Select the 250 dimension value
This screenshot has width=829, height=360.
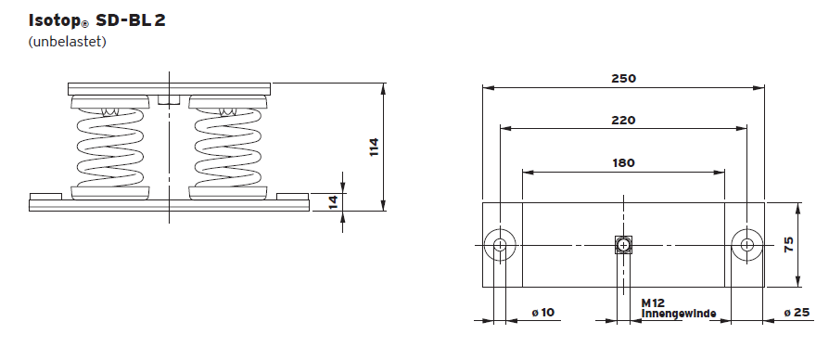[623, 78]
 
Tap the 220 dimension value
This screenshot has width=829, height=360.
[623, 120]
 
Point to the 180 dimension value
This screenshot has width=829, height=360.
[623, 162]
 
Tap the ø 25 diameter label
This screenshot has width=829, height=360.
[797, 313]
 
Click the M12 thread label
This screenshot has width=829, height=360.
[653, 303]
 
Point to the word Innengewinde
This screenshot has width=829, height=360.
[678, 315]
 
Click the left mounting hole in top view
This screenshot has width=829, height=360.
[500, 245]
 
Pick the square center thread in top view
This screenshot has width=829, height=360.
[622, 245]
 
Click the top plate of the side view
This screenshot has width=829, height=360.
[168, 89]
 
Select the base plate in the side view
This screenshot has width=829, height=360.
[168, 202]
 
